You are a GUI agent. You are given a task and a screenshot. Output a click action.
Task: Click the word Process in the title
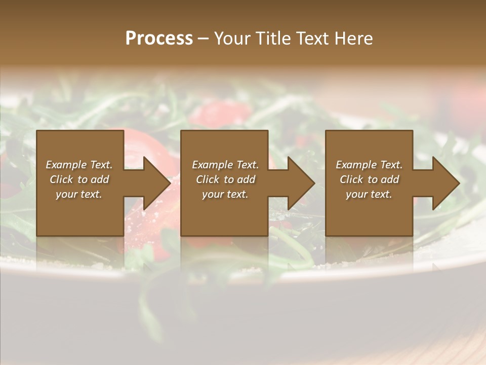[159, 39]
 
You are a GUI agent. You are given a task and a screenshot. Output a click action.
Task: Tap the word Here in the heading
[354, 39]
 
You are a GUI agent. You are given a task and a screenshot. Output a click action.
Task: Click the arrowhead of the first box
[157, 183]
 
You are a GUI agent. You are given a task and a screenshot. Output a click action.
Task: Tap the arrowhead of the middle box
[301, 183]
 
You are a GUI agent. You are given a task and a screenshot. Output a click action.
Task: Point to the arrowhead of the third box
[446, 183]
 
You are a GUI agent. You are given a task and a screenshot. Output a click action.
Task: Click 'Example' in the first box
[66, 165]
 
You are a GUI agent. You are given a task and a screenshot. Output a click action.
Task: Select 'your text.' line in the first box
[79, 194]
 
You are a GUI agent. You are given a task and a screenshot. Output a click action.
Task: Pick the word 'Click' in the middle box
[208, 179]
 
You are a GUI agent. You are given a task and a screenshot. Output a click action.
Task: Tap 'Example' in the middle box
[212, 165]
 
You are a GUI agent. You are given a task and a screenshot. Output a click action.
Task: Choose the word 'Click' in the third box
[352, 179]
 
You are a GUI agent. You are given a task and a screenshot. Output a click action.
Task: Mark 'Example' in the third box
[356, 165]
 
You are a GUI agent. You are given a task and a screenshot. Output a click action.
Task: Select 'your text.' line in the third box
[369, 194]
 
